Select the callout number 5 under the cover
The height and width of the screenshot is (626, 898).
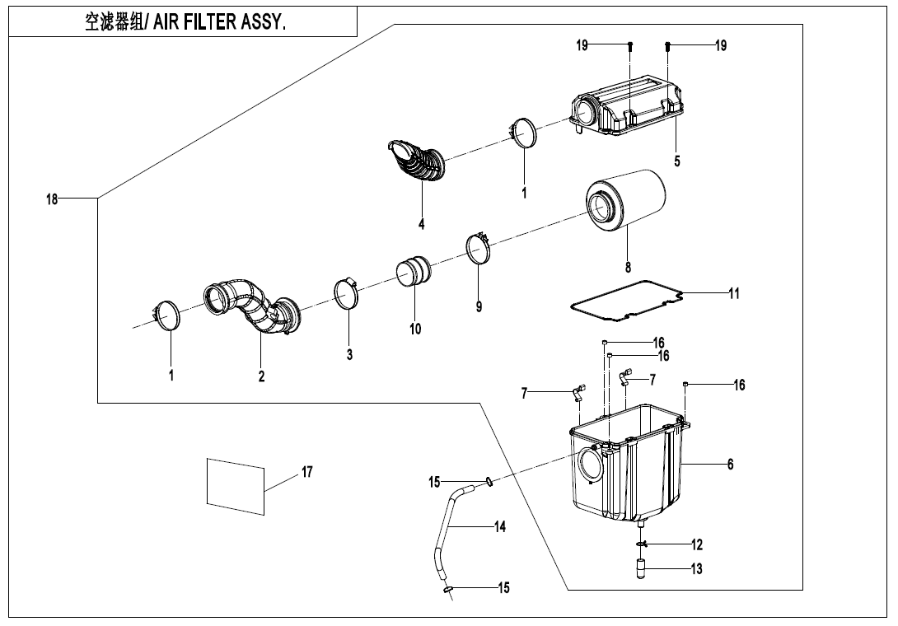[x=677, y=161]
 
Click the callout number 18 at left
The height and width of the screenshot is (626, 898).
[x=52, y=199]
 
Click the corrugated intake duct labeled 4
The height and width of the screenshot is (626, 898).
[x=419, y=161]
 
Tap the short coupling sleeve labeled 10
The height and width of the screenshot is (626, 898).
[x=414, y=272]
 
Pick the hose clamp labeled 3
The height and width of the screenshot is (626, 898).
[x=347, y=294]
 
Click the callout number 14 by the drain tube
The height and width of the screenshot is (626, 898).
[x=500, y=527]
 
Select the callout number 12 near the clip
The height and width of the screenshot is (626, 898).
[x=697, y=544]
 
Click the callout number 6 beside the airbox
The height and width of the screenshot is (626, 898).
[x=730, y=465]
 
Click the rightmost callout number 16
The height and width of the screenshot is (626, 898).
[x=739, y=385]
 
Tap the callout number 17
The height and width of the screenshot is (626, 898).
[x=306, y=472]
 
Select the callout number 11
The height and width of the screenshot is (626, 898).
[x=733, y=292]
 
